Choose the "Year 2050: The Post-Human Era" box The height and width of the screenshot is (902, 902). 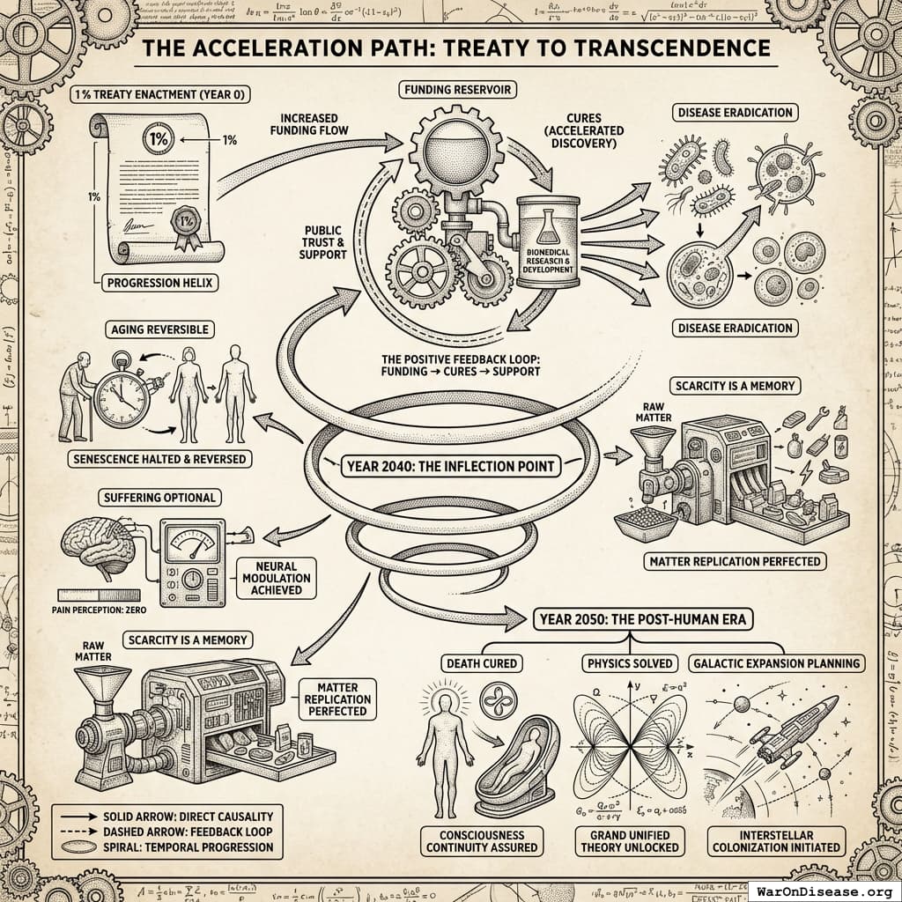(x=640, y=619)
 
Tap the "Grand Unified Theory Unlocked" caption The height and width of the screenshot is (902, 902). (x=628, y=840)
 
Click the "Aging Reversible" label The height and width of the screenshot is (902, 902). (x=159, y=329)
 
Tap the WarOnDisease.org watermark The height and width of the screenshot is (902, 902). (x=827, y=891)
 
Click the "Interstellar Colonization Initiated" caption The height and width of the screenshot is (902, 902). (x=775, y=840)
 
